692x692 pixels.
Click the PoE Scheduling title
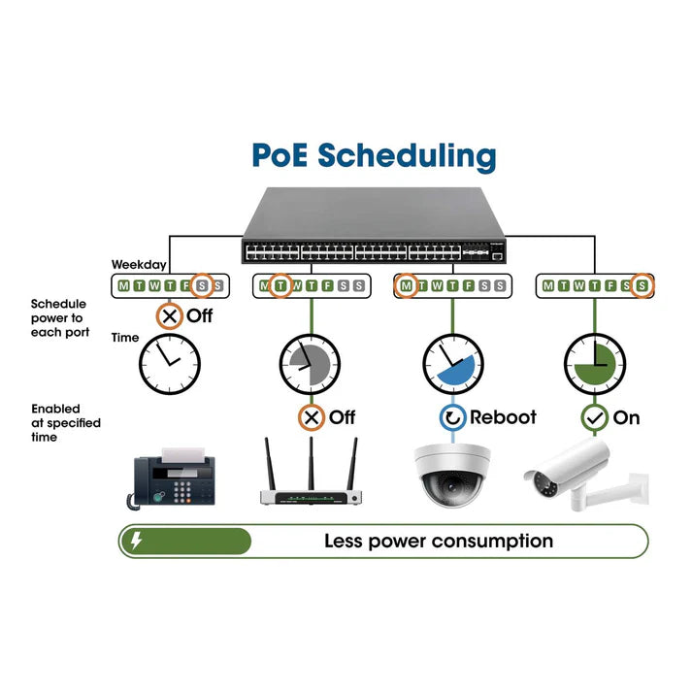point(374,155)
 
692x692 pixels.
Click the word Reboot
point(503,418)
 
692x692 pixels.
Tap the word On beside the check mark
point(626,418)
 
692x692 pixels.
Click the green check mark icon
point(594,418)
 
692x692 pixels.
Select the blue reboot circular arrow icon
point(452,418)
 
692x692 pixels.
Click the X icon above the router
point(311,418)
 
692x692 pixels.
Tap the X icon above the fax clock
point(170,316)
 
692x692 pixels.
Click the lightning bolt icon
point(137,541)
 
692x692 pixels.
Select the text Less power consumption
point(439,541)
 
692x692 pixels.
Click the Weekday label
point(139,264)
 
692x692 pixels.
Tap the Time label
point(125,338)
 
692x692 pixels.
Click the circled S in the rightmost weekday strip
point(642,285)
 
